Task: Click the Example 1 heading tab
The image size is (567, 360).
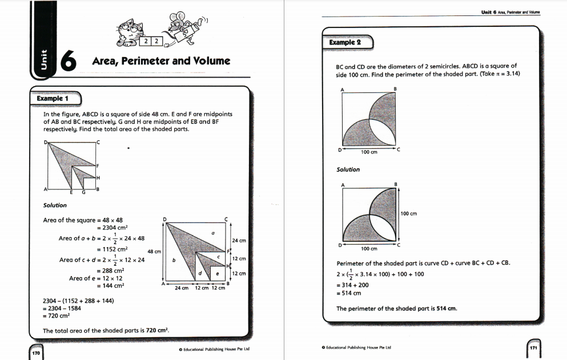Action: tap(53, 99)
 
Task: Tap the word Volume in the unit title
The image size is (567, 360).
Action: tap(211, 60)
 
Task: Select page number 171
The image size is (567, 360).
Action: tap(534, 347)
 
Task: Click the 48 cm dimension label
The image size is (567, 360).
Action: tap(153, 251)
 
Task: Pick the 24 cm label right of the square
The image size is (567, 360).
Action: tap(239, 241)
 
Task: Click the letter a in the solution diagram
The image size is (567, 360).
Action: tap(213, 233)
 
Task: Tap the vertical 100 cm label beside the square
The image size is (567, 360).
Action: tap(409, 214)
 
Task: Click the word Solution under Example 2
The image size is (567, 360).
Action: tap(348, 169)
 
